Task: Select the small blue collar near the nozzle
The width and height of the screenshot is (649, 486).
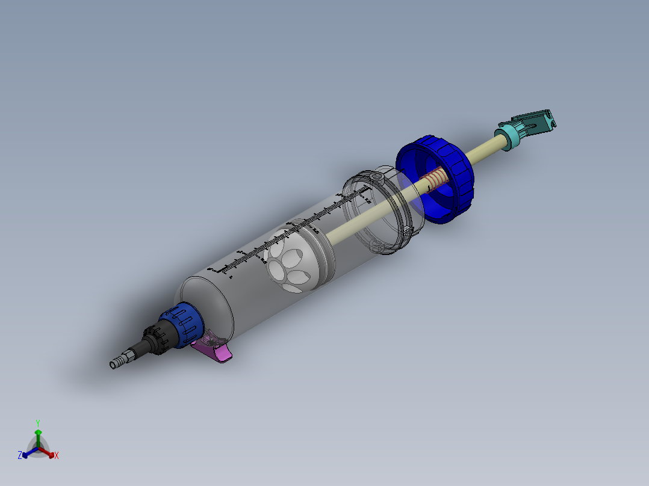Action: (183, 327)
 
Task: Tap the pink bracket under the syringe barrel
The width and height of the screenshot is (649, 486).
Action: (216, 349)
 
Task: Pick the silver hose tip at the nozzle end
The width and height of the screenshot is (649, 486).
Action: (118, 362)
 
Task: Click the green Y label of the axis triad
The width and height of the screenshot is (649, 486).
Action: (37, 423)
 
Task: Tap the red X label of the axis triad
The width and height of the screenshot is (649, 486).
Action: (57, 456)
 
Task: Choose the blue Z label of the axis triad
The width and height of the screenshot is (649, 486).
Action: (19, 456)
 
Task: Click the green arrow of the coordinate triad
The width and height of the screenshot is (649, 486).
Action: (37, 437)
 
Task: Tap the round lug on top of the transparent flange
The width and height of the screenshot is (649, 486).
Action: (376, 178)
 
